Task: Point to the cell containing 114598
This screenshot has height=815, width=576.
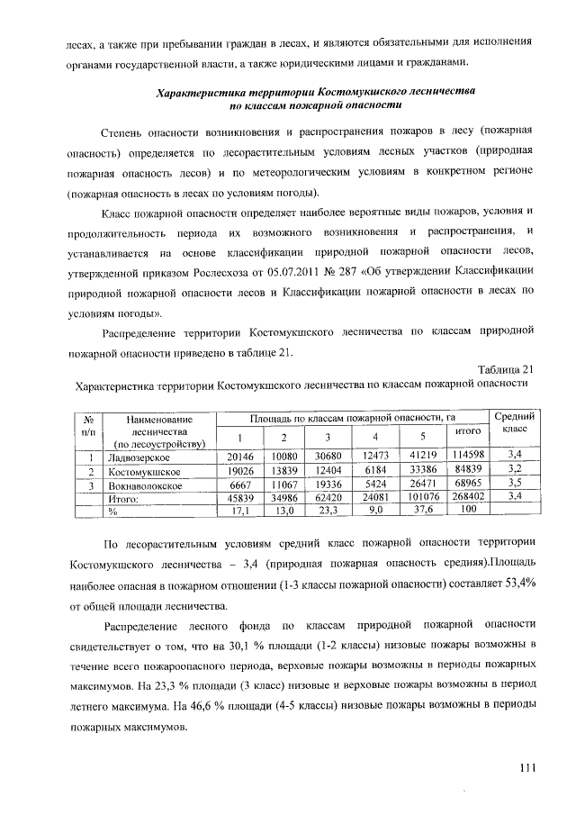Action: pos(468,455)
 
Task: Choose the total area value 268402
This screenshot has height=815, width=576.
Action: pos(468,496)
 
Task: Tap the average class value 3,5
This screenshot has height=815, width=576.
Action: pos(515,484)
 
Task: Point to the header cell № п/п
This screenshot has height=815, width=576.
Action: pos(88,425)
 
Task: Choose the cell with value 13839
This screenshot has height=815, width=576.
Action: pos(283,469)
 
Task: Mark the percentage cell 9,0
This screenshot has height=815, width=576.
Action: pos(375,510)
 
